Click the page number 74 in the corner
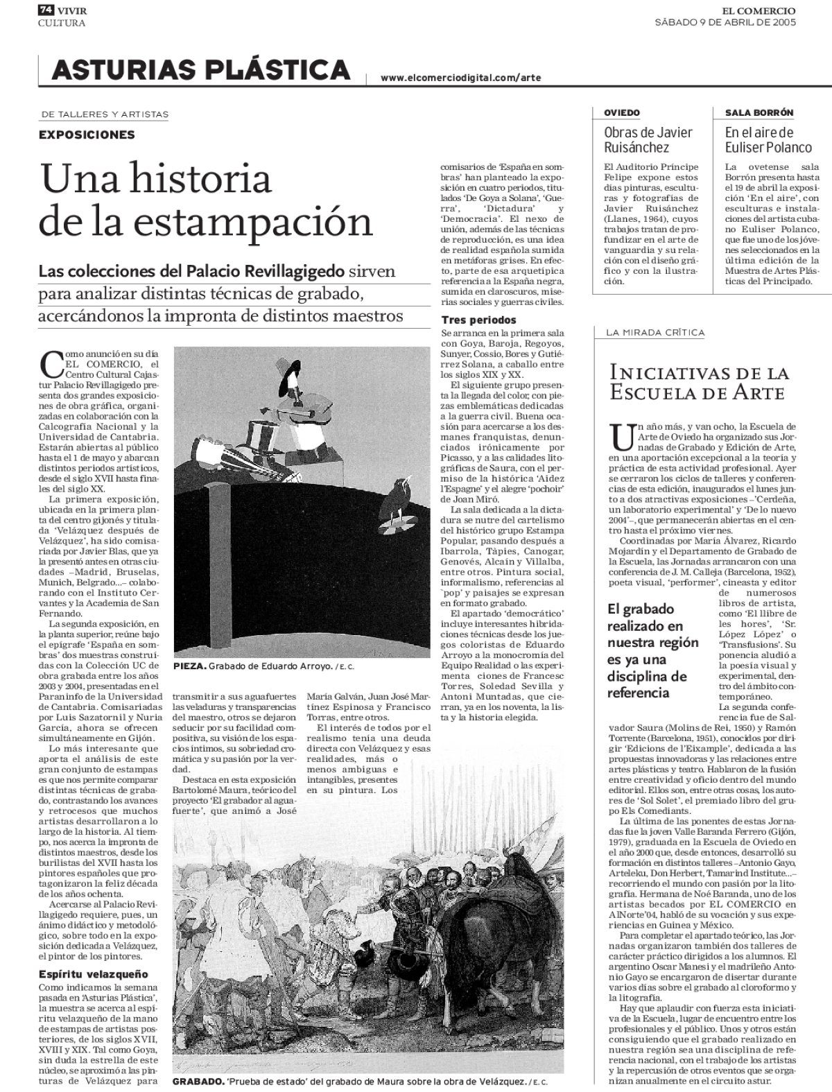click(46, 10)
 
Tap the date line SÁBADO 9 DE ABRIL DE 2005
click(725, 22)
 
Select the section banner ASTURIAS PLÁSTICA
click(200, 71)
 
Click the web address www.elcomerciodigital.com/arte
click(460, 78)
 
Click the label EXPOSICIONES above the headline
click(87, 135)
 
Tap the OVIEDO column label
click(621, 113)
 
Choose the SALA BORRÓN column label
click(759, 113)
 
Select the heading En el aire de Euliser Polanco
click(768, 139)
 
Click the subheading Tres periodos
click(479, 320)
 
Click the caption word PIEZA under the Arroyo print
click(189, 667)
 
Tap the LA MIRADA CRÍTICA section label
click(655, 333)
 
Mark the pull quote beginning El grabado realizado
click(652, 650)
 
